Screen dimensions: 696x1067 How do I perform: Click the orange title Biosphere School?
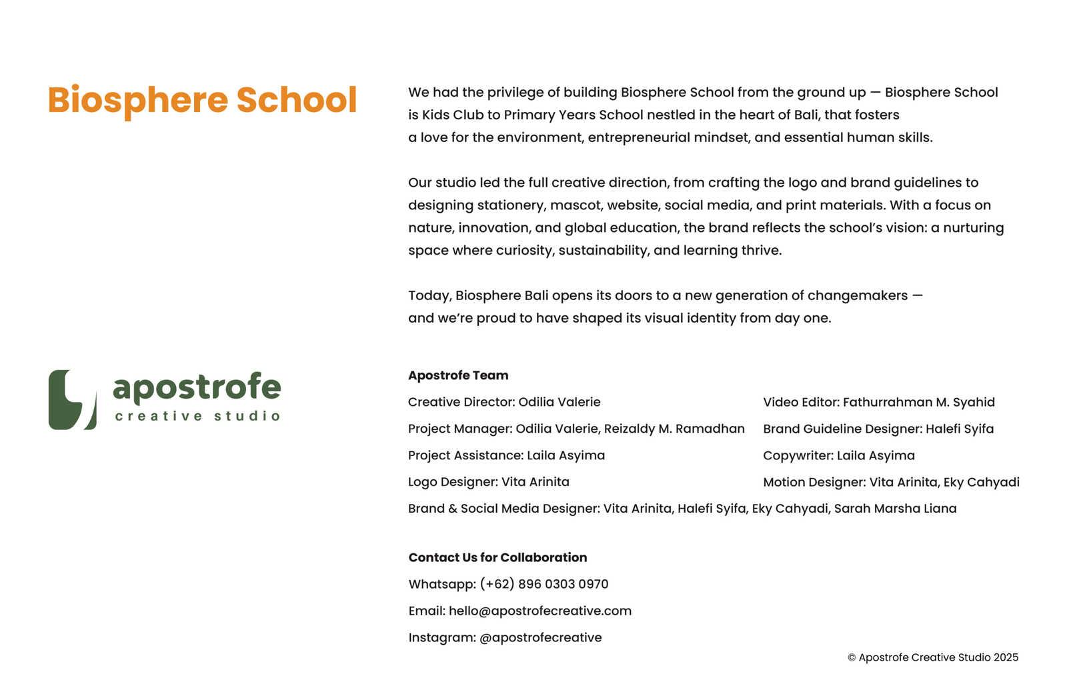point(202,100)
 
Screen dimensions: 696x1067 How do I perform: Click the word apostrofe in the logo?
point(197,387)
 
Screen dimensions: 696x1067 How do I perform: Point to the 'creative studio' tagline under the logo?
point(197,416)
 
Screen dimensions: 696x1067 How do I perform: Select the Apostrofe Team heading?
point(458,375)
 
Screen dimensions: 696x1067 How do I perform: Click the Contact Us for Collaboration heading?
point(497,557)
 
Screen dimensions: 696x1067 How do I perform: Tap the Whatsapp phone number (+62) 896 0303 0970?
point(544,584)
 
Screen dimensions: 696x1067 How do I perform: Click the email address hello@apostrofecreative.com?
point(540,611)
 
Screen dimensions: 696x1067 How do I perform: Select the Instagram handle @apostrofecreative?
point(540,637)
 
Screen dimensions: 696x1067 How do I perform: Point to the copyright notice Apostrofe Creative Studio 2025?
point(933,657)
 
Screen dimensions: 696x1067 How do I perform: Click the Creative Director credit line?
point(504,402)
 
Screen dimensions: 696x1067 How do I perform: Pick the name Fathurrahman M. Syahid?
point(918,402)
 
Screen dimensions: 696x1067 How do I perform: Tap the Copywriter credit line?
point(838,455)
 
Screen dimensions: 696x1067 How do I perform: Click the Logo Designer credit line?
point(488,482)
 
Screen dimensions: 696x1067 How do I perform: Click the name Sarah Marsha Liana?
point(895,509)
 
